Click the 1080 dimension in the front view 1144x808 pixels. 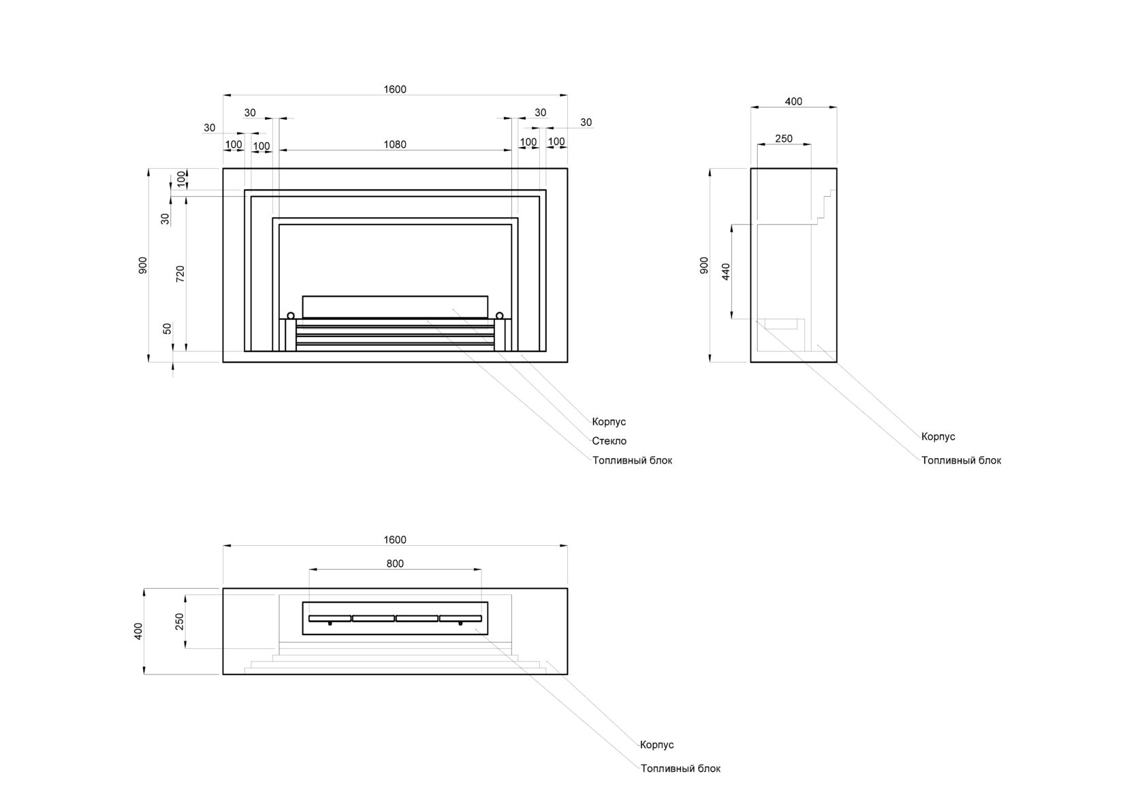click(395, 144)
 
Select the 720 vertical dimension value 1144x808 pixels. click(180, 274)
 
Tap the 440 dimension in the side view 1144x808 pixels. click(726, 272)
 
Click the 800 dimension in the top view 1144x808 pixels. click(395, 564)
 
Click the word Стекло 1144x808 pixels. click(609, 441)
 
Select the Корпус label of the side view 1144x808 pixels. click(938, 437)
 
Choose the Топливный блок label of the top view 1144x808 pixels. click(680, 769)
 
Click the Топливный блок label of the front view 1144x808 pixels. click(632, 460)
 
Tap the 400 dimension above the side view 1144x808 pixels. click(793, 101)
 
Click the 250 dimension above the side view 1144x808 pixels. click(784, 139)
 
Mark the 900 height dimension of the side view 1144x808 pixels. click(705, 265)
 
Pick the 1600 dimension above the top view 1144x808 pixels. click(395, 540)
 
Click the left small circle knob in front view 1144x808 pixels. click(291, 315)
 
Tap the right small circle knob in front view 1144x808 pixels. click(500, 315)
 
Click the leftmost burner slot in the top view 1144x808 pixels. click(330, 618)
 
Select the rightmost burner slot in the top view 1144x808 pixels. click(460, 618)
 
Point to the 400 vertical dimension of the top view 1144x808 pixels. click(139, 631)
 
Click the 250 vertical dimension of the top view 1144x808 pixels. click(180, 621)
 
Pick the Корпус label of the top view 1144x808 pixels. click(656, 745)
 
